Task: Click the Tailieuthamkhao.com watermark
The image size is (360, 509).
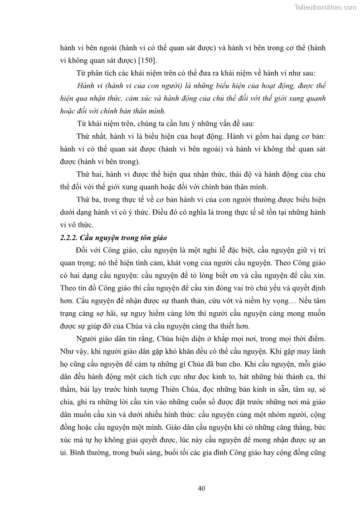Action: [x=325, y=7]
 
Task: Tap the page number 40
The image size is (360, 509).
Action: [x=202, y=488]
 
